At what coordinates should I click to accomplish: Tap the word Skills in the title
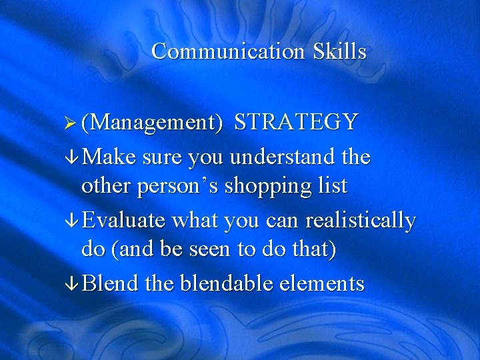click(339, 51)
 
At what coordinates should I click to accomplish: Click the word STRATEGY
click(297, 123)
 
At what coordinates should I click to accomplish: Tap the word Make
click(111, 158)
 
